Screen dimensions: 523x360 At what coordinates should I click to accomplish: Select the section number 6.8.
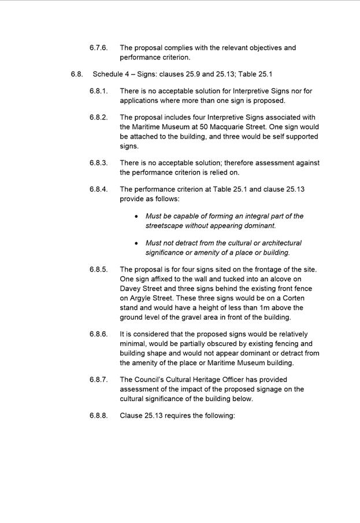tap(77, 75)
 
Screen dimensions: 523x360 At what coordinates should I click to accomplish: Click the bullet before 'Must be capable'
tap(136, 217)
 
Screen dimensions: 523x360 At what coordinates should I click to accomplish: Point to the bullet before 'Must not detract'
tap(136, 243)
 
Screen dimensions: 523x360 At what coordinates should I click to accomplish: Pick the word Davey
tap(131, 288)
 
